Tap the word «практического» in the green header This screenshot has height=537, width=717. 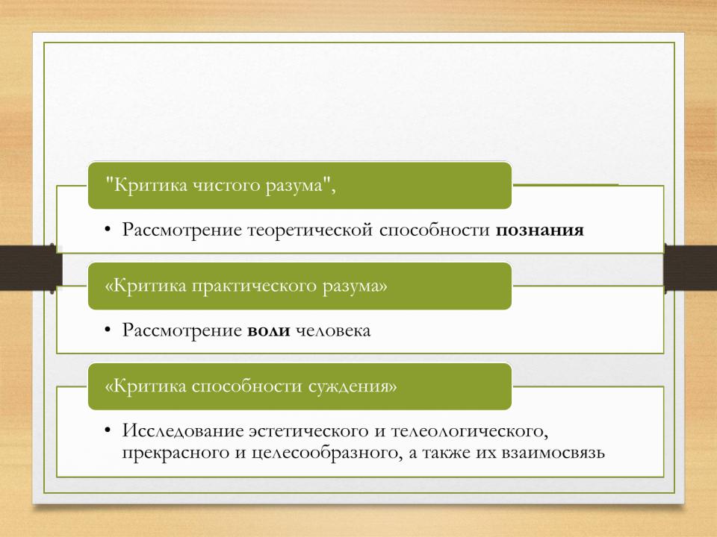coord(254,286)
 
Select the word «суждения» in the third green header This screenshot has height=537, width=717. coord(352,387)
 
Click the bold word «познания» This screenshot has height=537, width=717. coord(539,230)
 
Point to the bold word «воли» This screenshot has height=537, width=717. coord(269,330)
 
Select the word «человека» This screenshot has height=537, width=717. coord(333,330)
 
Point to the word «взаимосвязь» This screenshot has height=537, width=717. coord(553,453)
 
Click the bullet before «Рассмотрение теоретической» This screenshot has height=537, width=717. coord(108,229)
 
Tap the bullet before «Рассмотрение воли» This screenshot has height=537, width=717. coord(108,330)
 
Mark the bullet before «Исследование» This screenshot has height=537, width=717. coord(108,430)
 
